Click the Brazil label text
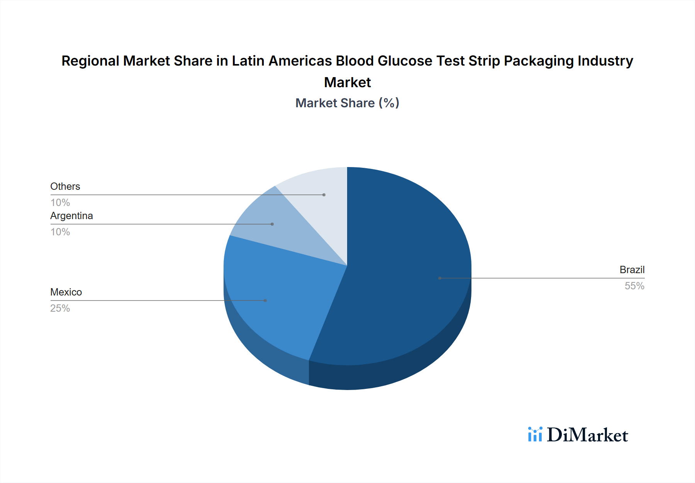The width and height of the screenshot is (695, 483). point(632,270)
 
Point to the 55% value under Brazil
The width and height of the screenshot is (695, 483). point(634,286)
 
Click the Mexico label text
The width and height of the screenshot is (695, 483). point(66,292)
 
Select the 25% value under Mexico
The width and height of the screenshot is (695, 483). point(60,308)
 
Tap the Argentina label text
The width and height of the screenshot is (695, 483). point(71,216)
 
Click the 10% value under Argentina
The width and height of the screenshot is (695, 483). point(60,232)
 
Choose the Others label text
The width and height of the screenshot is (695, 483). point(65,186)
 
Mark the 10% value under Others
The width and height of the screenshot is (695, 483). point(60,203)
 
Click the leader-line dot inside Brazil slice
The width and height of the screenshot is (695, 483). point(440,278)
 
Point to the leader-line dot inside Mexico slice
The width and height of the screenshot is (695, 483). point(265,301)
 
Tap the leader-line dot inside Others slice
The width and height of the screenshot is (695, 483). point(324,195)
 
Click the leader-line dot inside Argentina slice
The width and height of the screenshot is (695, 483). point(272,224)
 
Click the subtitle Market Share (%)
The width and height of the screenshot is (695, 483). point(347,103)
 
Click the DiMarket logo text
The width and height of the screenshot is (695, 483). point(587,435)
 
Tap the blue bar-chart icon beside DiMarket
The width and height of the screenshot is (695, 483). point(535,434)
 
